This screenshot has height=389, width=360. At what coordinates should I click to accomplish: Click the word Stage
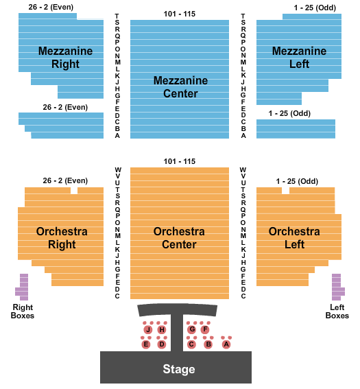tap(179, 369)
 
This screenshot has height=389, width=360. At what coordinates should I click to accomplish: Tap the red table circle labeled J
tap(148, 330)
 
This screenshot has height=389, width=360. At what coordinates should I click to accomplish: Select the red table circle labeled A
tap(226, 344)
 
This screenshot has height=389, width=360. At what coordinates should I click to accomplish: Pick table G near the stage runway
tap(191, 329)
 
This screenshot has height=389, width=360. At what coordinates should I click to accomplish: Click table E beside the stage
tap(146, 344)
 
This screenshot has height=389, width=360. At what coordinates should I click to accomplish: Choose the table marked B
tap(208, 344)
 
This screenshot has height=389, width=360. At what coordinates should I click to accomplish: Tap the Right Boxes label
tap(23, 311)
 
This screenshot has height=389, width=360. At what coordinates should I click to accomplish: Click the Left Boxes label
tap(337, 311)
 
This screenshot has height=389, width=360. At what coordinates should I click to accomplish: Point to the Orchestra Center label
tap(179, 238)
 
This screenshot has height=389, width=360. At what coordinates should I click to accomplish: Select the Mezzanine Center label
tap(180, 87)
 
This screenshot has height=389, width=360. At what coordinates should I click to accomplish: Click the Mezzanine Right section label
tap(65, 58)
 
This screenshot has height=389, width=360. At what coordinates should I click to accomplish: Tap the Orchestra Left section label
tap(294, 238)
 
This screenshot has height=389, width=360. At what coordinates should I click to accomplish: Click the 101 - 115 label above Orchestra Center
tap(180, 161)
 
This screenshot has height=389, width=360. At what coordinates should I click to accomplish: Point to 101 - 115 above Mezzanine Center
tap(180, 14)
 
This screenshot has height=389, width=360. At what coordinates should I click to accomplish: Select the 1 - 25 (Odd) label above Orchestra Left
tap(297, 181)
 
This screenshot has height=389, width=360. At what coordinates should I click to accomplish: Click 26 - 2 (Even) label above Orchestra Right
tap(65, 180)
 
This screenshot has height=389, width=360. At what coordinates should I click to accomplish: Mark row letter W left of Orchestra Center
tap(118, 170)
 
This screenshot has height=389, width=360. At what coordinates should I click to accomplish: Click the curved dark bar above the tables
tap(178, 309)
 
